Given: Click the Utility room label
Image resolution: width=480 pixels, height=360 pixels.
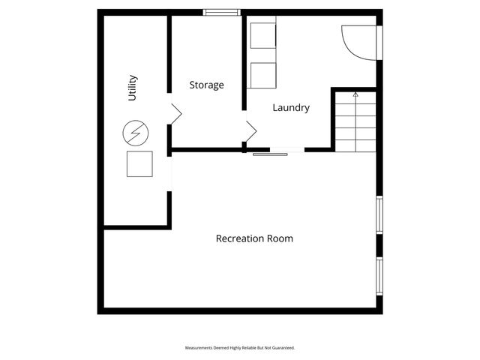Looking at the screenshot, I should pyautogui.click(x=133, y=88).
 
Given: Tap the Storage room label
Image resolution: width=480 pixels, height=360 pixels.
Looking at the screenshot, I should pyautogui.click(x=206, y=85).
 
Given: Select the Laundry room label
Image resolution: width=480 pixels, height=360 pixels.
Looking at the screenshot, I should pyautogui.click(x=291, y=108).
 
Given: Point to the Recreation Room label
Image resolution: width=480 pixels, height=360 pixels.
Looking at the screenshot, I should pyautogui.click(x=254, y=238).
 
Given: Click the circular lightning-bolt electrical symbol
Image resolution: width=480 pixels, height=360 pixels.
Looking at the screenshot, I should pyautogui.click(x=136, y=135).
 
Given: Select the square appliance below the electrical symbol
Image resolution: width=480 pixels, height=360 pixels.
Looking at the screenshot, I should pyautogui.click(x=139, y=163).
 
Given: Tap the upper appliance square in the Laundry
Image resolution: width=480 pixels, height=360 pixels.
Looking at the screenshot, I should pyautogui.click(x=262, y=37).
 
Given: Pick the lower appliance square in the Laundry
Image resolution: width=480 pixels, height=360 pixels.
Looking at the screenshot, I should pyautogui.click(x=262, y=76).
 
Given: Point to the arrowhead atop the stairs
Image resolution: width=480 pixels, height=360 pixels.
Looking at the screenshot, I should pyautogui.click(x=355, y=95).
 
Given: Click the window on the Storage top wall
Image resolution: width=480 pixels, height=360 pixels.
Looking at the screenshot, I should pyautogui.click(x=223, y=11).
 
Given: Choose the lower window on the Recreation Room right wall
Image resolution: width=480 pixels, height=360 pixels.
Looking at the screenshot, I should pyautogui.click(x=379, y=276).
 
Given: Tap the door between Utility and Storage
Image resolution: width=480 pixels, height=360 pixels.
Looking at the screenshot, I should pyautogui.click(x=175, y=114).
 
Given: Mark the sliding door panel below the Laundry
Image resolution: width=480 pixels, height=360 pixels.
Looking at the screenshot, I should pyautogui.click(x=270, y=154).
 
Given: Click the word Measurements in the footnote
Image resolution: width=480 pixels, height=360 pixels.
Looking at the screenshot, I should pyautogui.click(x=202, y=348).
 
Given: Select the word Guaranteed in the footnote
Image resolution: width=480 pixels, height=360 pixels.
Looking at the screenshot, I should pyautogui.click(x=282, y=348).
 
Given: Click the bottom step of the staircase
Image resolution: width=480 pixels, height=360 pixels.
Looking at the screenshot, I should pyautogui.click(x=355, y=144).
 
